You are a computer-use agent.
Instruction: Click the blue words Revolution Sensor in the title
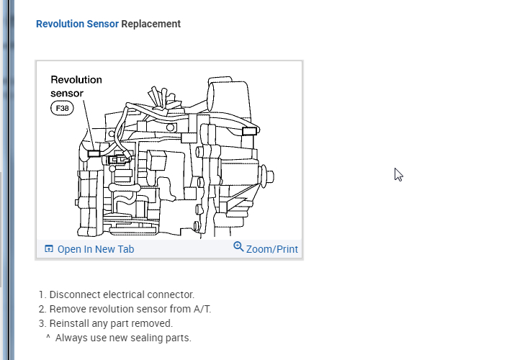(77, 24)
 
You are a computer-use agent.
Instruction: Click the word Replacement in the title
(151, 24)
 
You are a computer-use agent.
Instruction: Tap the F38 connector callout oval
(63, 109)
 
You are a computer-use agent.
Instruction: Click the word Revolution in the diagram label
(76, 80)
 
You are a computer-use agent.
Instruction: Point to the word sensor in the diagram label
(67, 94)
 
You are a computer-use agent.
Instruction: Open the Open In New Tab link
(96, 249)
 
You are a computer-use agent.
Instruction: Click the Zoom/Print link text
(272, 249)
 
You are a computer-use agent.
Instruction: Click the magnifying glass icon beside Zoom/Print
(239, 247)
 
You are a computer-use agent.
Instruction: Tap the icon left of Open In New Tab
(49, 249)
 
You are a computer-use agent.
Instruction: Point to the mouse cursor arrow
(398, 174)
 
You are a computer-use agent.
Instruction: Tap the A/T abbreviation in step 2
(201, 309)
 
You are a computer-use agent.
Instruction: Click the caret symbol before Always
(48, 337)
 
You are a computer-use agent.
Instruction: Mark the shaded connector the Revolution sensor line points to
(93, 153)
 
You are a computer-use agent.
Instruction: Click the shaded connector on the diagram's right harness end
(250, 131)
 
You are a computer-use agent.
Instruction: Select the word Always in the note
(71, 338)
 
